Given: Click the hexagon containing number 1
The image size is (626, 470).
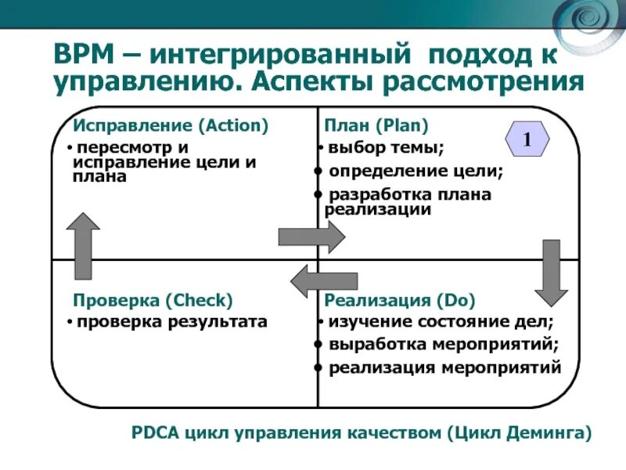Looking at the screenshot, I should [527, 141].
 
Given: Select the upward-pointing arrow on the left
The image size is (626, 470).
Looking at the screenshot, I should [83, 246].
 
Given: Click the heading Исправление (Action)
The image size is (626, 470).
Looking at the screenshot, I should [171, 125].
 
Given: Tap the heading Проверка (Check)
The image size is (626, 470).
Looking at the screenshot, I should [153, 300].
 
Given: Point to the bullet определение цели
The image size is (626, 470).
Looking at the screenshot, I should [416, 171].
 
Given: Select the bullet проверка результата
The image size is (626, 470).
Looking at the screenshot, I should [171, 321].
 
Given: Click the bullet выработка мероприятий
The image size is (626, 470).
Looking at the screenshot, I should [444, 344].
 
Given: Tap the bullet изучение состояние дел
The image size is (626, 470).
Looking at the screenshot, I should [440, 321].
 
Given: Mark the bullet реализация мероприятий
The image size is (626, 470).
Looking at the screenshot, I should [444, 367].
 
